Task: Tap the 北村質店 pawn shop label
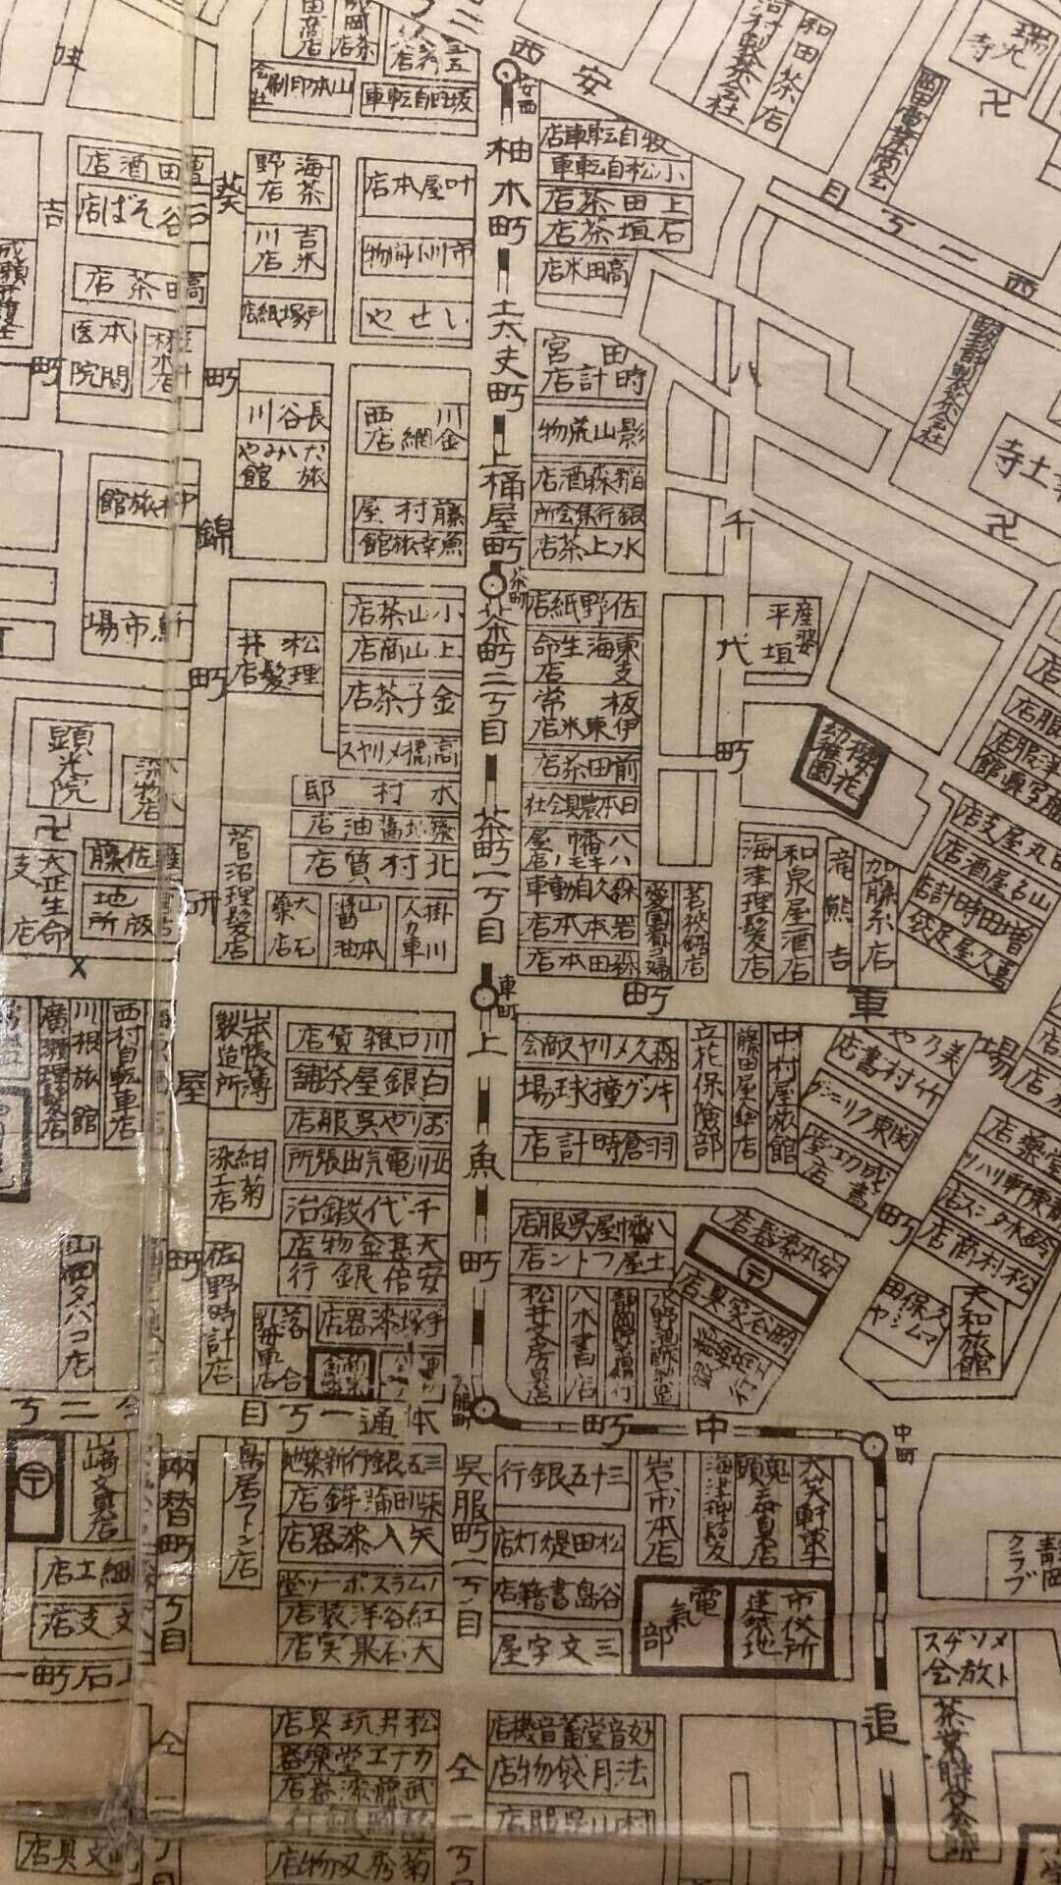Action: coord(372,866)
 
